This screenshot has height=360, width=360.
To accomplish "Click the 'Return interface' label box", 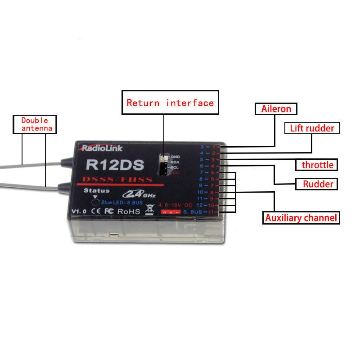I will [x=170, y=103].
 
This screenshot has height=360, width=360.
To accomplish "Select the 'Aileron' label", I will [x=276, y=109].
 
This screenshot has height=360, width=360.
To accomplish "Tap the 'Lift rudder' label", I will [x=312, y=128].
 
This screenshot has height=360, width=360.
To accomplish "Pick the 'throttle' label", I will [x=317, y=165].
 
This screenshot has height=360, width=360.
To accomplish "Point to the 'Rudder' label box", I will [x=318, y=184].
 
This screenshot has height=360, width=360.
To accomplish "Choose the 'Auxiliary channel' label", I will [x=301, y=218].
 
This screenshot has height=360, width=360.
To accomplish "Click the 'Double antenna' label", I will [x=37, y=125].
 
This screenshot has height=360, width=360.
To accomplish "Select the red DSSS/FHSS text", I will [x=121, y=180].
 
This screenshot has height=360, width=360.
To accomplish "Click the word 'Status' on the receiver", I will [x=96, y=190].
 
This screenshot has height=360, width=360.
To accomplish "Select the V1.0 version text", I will [x=79, y=211].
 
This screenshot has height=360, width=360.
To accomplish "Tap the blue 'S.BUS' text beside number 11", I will [x=192, y=211].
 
